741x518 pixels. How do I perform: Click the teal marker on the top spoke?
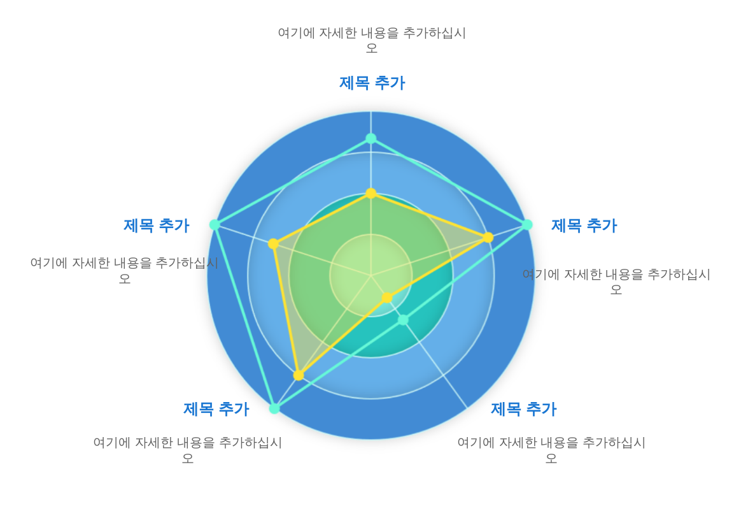tap(371, 138)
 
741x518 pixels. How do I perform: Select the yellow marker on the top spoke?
tap(371, 193)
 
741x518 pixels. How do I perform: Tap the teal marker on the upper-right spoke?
tap(527, 225)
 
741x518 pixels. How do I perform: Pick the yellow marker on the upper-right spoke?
tap(488, 238)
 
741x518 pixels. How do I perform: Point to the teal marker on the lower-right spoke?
tap(402, 320)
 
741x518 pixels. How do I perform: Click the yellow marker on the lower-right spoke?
tap(387, 298)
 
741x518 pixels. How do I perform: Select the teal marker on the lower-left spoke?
tap(274, 408)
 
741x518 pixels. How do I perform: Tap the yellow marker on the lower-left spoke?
tap(299, 375)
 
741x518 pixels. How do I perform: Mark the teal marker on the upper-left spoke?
tap(215, 224)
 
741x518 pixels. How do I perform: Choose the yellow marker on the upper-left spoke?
tap(273, 243)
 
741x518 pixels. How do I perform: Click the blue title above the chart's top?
tap(372, 83)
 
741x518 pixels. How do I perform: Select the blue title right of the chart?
tap(584, 225)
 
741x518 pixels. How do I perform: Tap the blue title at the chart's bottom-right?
tap(524, 408)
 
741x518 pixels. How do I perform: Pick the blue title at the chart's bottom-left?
tap(216, 408)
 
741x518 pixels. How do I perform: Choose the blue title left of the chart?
tap(157, 225)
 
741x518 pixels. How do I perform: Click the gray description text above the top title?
tap(372, 40)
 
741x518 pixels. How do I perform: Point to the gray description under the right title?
tap(616, 282)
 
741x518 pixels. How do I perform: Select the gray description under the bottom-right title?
tap(551, 450)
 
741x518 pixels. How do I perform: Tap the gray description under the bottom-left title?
tap(188, 450)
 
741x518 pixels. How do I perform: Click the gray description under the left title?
tap(124, 270)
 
